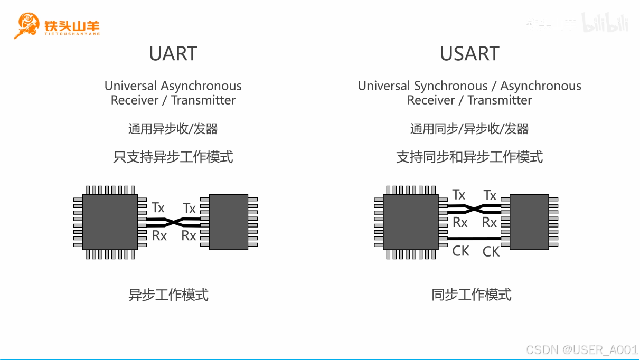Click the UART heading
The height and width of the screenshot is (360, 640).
(x=173, y=54)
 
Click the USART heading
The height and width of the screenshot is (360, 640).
(x=469, y=54)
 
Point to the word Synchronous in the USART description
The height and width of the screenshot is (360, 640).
(x=451, y=86)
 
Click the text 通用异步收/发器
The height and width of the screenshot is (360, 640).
(x=173, y=129)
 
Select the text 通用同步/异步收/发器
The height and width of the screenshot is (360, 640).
(x=469, y=129)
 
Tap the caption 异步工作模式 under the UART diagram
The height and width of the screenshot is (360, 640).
(x=168, y=295)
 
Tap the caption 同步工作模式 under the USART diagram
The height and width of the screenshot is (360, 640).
(x=471, y=295)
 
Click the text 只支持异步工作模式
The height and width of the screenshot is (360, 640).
(x=173, y=157)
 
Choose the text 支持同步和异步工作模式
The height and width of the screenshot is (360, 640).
(x=469, y=157)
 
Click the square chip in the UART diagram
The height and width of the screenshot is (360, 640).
(x=110, y=222)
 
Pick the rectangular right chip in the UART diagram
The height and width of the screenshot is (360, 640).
(x=229, y=222)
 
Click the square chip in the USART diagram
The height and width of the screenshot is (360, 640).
(x=410, y=222)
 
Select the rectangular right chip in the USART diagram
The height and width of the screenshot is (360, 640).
(x=529, y=222)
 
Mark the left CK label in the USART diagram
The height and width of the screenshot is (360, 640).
(x=460, y=251)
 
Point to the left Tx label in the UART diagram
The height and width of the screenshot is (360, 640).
(x=158, y=207)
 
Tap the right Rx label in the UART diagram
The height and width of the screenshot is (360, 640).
(x=189, y=235)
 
